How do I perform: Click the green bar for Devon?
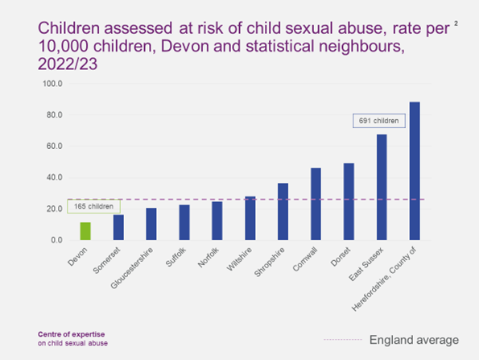click(x=85, y=231)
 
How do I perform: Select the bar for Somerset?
click(x=118, y=227)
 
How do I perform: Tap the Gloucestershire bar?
click(x=151, y=224)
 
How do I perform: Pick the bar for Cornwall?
click(x=316, y=204)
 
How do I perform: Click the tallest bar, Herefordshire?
click(x=415, y=171)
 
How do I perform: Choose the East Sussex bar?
click(x=382, y=187)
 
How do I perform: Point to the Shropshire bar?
click(x=283, y=212)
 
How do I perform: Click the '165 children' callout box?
click(x=93, y=207)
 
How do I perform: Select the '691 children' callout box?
click(x=379, y=121)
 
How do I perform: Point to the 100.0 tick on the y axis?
click(x=52, y=84)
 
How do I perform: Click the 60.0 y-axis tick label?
click(x=55, y=146)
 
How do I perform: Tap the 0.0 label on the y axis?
click(x=56, y=240)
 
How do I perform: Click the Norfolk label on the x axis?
click(x=209, y=258)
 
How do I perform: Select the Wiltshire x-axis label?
click(x=239, y=259)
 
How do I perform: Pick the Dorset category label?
click(x=341, y=257)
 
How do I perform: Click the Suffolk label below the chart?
click(x=175, y=257)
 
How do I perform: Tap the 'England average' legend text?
click(x=414, y=340)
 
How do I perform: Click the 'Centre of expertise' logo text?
click(x=72, y=334)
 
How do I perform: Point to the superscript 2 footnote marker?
click(x=456, y=23)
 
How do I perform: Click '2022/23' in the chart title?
click(x=68, y=64)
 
